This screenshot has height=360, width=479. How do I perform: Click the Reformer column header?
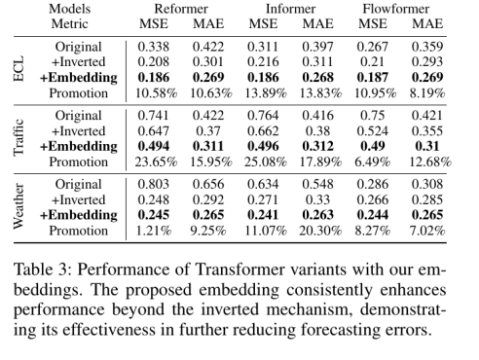tap(181, 9)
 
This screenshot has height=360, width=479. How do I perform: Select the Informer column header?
tap(290, 9)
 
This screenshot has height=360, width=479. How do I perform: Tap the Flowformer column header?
tap(396, 9)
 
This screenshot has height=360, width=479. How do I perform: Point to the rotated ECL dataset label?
tap(18, 69)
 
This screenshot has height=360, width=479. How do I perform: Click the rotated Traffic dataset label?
tap(18, 137)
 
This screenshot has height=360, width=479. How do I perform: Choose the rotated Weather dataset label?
tap(18, 206)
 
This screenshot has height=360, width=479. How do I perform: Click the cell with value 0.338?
tap(154, 47)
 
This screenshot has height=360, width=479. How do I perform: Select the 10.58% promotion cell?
tap(156, 93)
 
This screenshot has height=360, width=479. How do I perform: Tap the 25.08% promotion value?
tap(266, 162)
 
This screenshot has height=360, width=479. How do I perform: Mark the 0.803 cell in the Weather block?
tap(154, 184)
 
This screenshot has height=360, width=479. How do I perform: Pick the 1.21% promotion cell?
tap(154, 231)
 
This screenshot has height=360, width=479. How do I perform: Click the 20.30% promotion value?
tap(320, 231)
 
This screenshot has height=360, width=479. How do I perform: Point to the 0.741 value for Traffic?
tap(154, 116)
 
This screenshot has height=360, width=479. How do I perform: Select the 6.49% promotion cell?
tap(373, 162)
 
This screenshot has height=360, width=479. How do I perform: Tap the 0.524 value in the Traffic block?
tap(373, 131)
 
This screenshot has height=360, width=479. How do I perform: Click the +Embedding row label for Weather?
tap(79, 215)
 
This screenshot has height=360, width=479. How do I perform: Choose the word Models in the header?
tap(69, 9)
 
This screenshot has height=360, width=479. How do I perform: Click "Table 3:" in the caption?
tap(42, 270)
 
